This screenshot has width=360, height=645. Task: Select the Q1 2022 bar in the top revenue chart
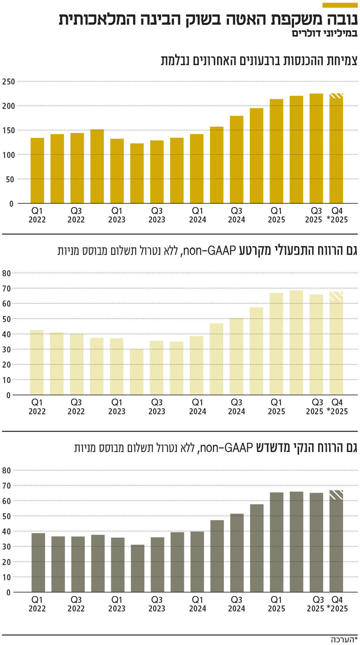click(x=37, y=171)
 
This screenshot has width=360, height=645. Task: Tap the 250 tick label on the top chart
click(x=8, y=82)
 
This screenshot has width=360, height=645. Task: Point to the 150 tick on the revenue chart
click(x=8, y=130)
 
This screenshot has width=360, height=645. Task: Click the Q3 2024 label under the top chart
click(x=237, y=215)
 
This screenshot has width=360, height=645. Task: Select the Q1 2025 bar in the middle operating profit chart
click(x=276, y=344)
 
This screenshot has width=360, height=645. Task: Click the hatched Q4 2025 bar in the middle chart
click(x=336, y=343)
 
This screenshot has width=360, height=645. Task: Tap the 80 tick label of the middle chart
click(x=6, y=273)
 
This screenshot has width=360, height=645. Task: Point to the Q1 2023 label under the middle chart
click(x=117, y=407)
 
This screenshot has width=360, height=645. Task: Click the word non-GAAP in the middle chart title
click(x=209, y=251)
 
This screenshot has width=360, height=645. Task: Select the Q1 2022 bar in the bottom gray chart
click(x=38, y=563)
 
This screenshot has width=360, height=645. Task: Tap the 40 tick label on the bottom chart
click(x=6, y=531)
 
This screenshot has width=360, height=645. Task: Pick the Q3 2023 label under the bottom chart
click(x=157, y=604)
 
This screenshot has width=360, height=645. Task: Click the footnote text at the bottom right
click(x=344, y=639)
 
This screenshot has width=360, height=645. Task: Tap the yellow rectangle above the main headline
click(x=340, y=5)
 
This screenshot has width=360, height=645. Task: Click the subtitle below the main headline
click(x=324, y=34)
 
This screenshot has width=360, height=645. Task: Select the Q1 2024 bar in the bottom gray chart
click(x=197, y=562)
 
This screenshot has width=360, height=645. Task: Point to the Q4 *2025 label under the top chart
click(x=337, y=215)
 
